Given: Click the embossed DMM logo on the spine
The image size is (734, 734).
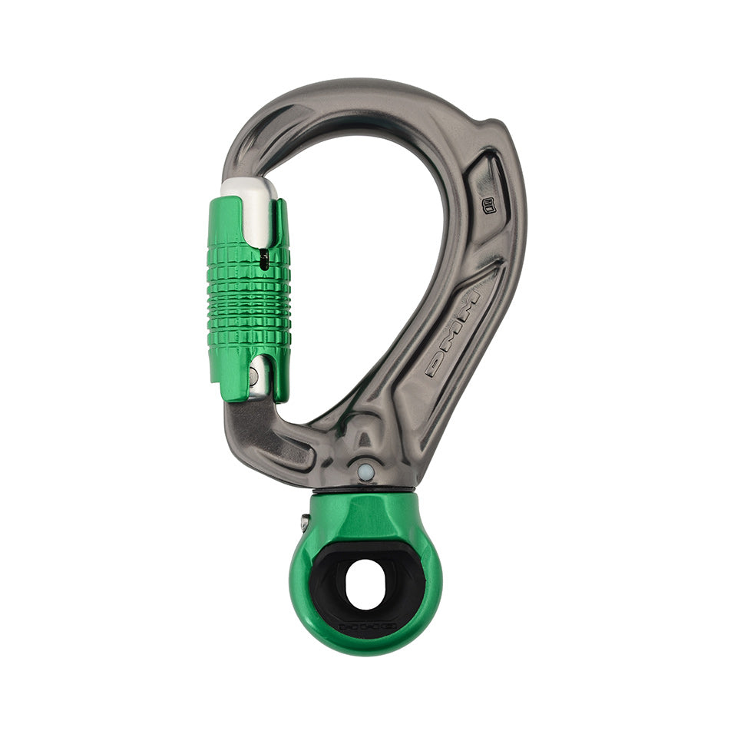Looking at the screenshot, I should (454, 333).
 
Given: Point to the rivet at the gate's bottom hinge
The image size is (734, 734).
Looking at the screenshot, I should (254, 377).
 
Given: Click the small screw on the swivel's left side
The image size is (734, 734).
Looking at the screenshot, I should (306, 524).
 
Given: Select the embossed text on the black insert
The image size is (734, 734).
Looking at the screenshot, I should (368, 626).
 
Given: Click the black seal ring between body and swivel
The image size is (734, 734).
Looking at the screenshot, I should (365, 489).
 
